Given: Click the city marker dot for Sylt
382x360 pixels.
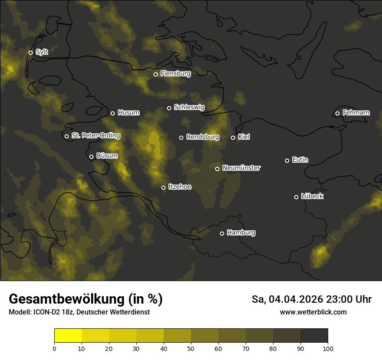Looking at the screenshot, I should [30, 52].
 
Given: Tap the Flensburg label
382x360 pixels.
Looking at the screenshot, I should [175, 74].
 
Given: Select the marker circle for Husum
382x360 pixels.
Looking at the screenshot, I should [112, 113].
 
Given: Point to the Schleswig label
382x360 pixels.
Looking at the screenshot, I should [189, 107].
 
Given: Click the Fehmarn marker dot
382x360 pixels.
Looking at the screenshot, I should [337, 113].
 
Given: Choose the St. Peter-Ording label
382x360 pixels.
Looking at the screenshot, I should [95, 136].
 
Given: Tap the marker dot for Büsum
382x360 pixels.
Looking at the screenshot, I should [91, 157].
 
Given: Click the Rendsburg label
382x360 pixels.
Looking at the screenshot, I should [202, 137].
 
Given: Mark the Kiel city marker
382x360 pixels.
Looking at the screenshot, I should [233, 137].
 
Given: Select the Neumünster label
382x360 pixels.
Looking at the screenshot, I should [241, 168].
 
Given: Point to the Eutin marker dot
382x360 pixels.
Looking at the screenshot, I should [287, 160].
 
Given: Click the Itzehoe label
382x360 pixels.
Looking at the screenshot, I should [180, 187].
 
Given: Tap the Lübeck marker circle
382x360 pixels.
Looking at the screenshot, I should [296, 197].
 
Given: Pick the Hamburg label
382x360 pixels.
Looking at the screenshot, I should [241, 233].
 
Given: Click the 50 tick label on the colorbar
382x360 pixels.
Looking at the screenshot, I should [191, 348].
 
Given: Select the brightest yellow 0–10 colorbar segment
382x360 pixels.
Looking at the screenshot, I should [68, 336].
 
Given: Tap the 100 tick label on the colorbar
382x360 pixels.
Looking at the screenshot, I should [328, 348].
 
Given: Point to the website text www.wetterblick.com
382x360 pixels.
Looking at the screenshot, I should [313, 312].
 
